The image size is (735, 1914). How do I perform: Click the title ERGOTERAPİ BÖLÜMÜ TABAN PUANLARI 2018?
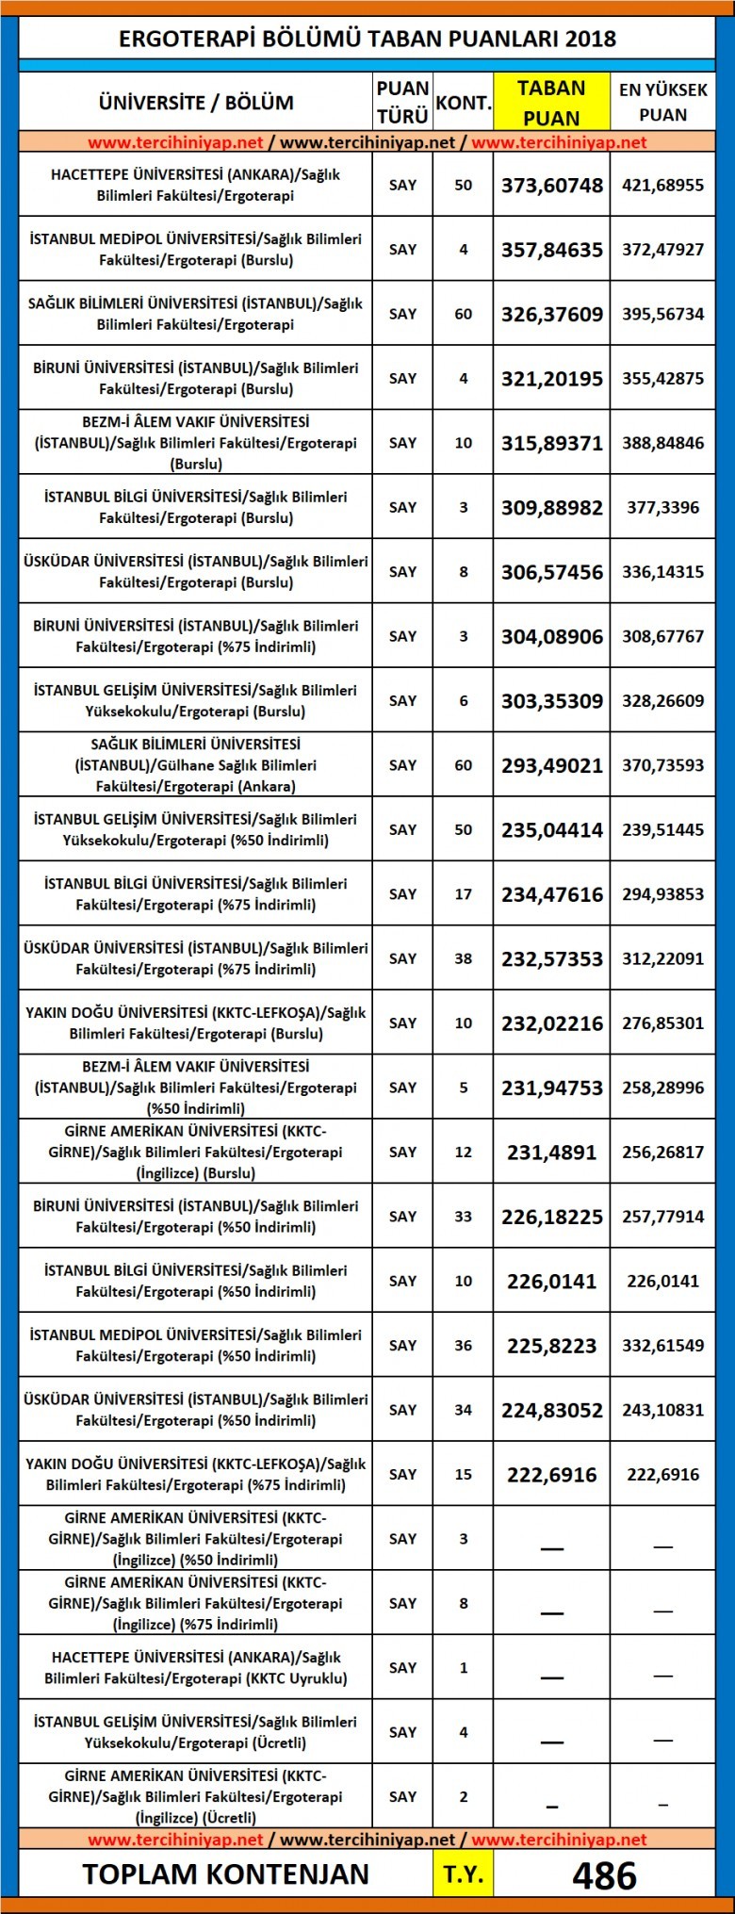tap(367, 39)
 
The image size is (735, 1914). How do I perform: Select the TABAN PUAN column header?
tap(552, 103)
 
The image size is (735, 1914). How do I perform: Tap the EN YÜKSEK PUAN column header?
tap(662, 103)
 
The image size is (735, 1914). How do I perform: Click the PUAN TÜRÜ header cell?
tap(402, 103)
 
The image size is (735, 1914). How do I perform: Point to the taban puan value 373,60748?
tap(552, 186)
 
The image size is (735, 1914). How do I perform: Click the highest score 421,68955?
tap(662, 186)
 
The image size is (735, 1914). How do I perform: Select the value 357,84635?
tap(552, 250)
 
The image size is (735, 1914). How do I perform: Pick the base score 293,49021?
tap(552, 765)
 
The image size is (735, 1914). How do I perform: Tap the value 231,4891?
tap(552, 1153)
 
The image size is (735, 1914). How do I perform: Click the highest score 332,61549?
tap(662, 1346)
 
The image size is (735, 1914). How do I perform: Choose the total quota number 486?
tap(604, 1875)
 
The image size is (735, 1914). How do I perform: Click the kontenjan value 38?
tap(463, 958)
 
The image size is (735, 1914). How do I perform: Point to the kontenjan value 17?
tap(463, 894)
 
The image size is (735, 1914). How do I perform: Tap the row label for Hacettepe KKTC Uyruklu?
tap(196, 1668)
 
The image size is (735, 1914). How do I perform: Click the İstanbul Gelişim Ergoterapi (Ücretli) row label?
tap(196, 1732)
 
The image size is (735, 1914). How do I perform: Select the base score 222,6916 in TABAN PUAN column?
tap(552, 1475)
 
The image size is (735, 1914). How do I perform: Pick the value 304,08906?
tap(552, 637)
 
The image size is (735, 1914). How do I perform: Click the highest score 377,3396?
tap(662, 508)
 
